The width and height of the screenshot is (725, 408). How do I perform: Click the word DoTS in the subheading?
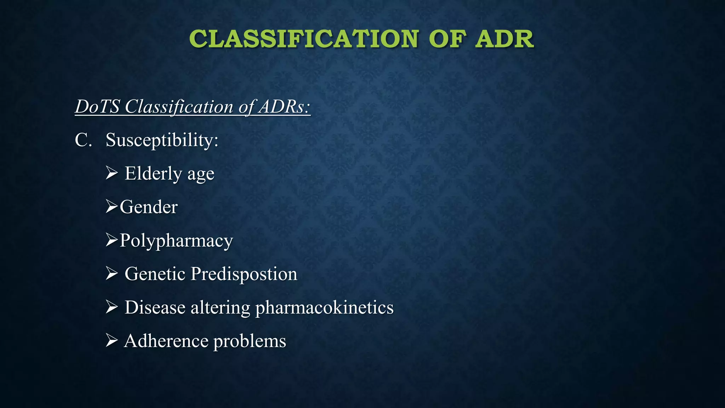point(97,107)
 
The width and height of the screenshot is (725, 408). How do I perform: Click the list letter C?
point(83,140)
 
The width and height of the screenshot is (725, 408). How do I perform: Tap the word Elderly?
point(153,174)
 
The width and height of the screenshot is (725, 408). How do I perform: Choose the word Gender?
point(149,207)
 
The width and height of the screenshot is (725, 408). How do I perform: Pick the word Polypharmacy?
point(176,241)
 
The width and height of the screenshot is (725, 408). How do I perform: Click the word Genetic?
point(155,274)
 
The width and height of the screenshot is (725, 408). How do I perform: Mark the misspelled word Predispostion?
point(244,274)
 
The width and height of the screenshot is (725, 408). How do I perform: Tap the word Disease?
point(155,307)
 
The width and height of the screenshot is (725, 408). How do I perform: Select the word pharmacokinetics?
point(324,308)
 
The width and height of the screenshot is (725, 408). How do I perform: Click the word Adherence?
point(166,341)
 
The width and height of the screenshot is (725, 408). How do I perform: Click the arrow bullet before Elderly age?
point(112,173)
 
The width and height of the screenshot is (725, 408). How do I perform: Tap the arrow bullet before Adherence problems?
point(112,341)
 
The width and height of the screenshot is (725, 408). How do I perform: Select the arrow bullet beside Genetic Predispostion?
point(112,274)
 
